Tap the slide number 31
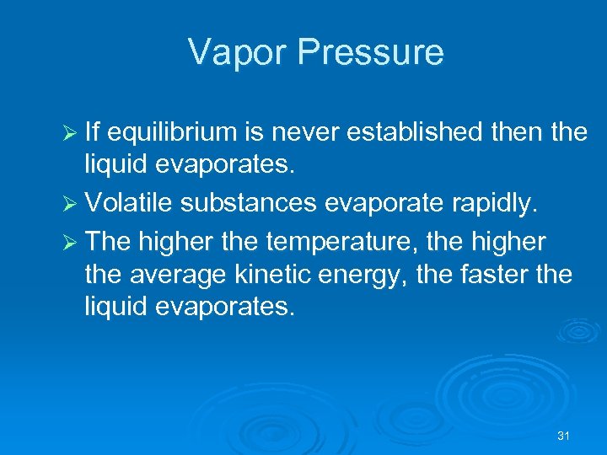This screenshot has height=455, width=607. [564, 436]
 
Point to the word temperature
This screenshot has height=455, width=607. [338, 243]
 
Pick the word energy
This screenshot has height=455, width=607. [356, 274]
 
